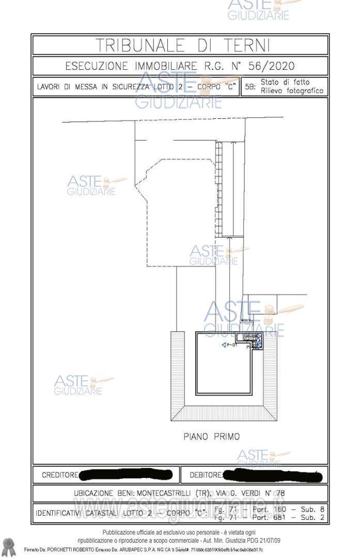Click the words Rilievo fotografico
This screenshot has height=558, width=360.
point(292,91)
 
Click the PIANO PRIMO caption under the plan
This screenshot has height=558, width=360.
point(212,437)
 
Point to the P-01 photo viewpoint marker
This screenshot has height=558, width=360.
point(228,345)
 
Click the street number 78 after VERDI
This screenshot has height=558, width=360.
point(279,492)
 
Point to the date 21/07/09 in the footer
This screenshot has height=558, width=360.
point(268,541)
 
